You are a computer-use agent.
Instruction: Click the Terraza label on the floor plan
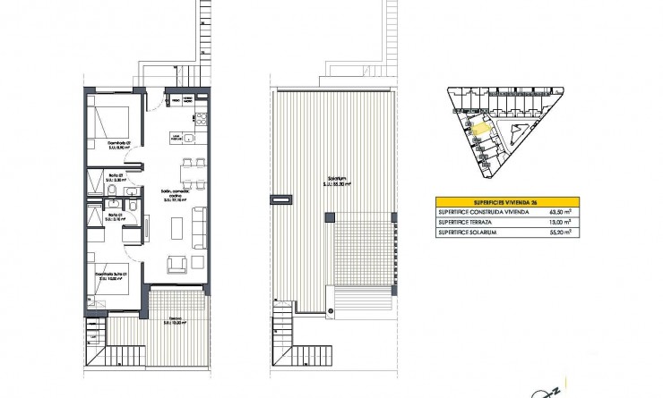coord(175,320)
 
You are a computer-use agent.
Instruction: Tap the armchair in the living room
coord(176,262)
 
